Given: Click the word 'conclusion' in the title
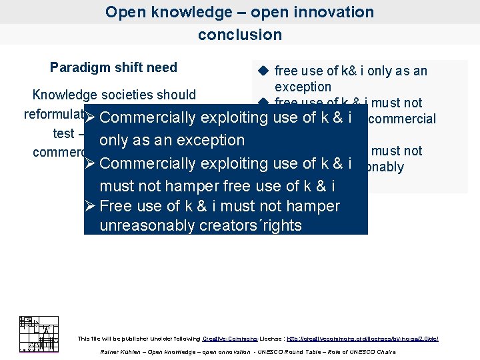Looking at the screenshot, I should [x=239, y=35].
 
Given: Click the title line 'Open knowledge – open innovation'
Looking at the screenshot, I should [x=239, y=12].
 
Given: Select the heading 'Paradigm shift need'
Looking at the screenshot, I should [x=113, y=67].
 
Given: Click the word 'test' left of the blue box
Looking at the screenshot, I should [x=63, y=133].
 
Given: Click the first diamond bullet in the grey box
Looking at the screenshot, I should [x=263, y=71].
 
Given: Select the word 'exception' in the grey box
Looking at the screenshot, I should [x=303, y=87].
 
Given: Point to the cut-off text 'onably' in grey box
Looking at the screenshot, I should [x=385, y=167].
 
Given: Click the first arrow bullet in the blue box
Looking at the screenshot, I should [x=91, y=118].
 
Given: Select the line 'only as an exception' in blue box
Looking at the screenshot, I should [x=172, y=140].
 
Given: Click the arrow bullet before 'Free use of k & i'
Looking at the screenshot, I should [x=91, y=206].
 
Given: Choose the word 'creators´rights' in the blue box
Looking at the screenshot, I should [x=251, y=225].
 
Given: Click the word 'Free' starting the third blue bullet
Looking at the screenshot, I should [x=115, y=206].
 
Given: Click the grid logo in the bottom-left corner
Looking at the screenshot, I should [x=39, y=333].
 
